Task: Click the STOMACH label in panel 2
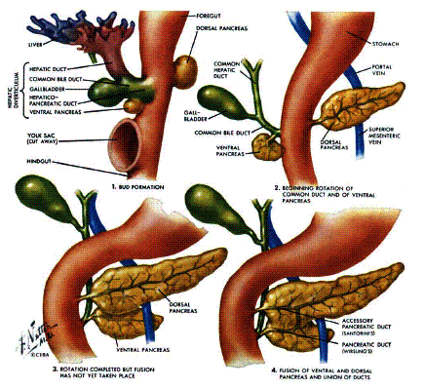coord(388,43)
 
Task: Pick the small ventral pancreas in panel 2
coord(264,145)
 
